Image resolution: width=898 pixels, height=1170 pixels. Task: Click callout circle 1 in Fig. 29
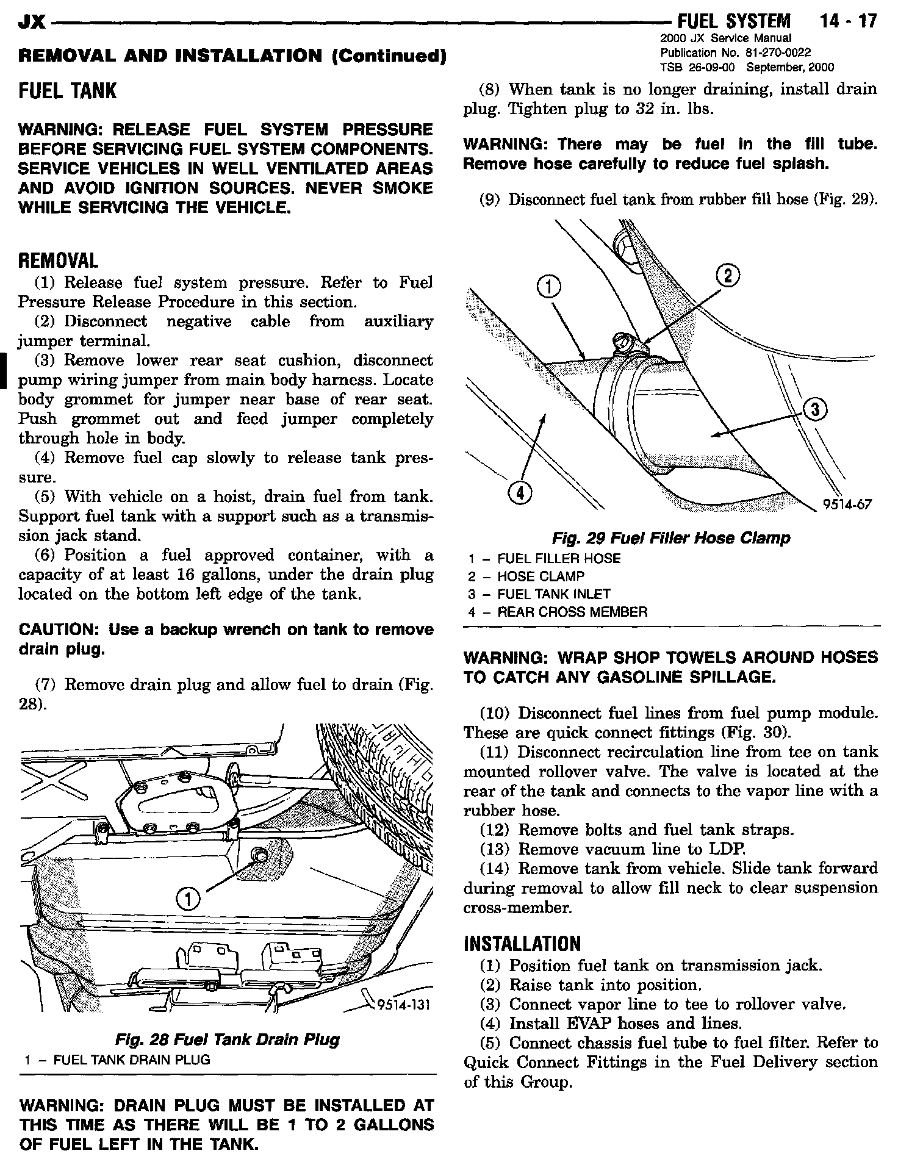tap(548, 286)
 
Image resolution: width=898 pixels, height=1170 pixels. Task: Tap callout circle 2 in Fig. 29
tap(728, 276)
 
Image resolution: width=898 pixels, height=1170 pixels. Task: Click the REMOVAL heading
tap(58, 261)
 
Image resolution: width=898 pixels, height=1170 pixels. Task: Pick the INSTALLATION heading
tap(522, 944)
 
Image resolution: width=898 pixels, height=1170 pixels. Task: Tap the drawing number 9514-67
tap(847, 504)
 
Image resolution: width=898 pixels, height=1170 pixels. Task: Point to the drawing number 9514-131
tap(404, 1004)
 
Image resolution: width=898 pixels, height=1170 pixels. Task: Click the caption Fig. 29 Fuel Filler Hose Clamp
tap(671, 538)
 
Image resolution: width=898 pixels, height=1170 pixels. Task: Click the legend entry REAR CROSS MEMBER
tap(572, 612)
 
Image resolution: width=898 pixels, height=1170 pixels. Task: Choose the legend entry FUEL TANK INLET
tap(554, 594)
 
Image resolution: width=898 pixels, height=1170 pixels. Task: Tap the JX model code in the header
tap(32, 22)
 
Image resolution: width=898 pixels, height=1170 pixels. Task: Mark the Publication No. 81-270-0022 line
tap(736, 52)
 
